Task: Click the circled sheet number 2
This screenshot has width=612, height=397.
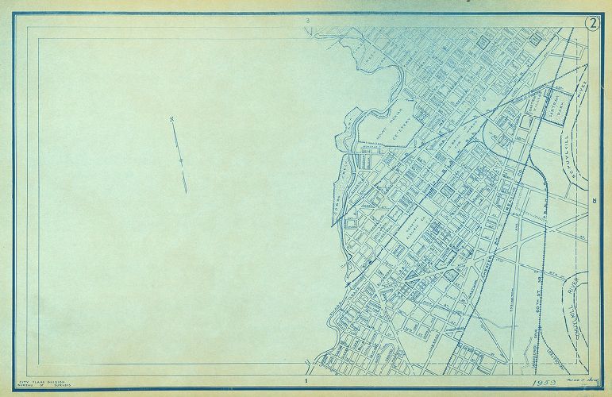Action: (x=592, y=22)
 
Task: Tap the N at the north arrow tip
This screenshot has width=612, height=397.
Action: (x=171, y=121)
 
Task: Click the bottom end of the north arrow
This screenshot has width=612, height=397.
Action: (x=187, y=191)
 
